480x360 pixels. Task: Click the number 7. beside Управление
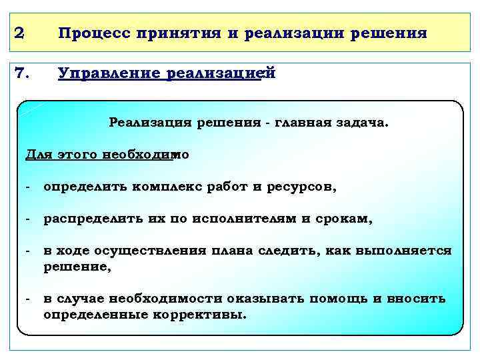pos(22,73)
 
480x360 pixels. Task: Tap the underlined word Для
pos(37,155)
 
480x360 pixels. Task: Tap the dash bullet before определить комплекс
pos(28,187)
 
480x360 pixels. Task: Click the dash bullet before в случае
pos(28,299)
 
